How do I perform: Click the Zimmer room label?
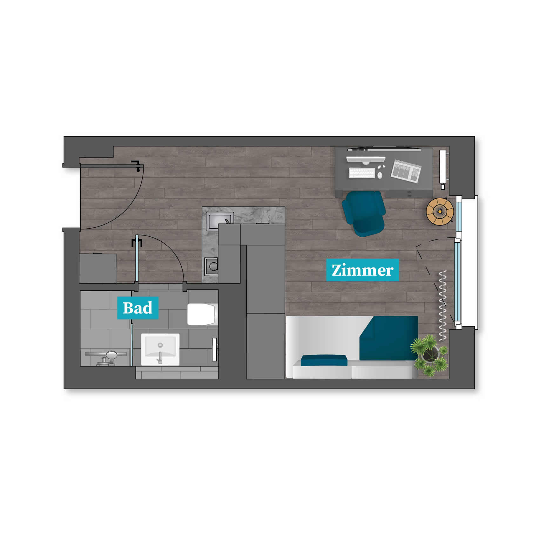coord(362,270)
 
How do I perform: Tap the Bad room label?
coord(138,308)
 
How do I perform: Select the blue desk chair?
coord(364,213)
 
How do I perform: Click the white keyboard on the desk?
coord(361,172)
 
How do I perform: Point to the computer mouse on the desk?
coord(380,175)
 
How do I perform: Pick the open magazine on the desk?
coord(406,171)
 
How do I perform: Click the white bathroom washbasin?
coord(160,349)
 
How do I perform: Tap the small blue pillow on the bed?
coord(324,361)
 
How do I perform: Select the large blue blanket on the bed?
coord(388,338)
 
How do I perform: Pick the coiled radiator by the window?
coord(442,306)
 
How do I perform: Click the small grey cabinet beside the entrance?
coord(98,268)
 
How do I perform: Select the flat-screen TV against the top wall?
coord(385,149)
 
